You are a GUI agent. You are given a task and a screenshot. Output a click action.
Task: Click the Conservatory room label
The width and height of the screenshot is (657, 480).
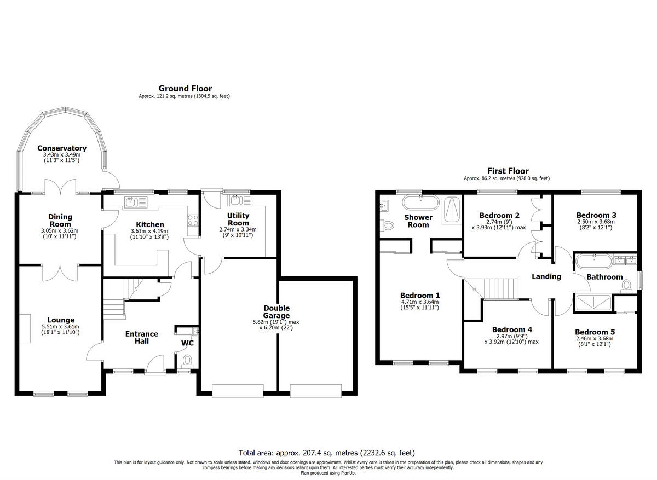coord(62,148)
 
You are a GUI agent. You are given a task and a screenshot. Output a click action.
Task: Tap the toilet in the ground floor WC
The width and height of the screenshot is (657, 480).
coord(187,360)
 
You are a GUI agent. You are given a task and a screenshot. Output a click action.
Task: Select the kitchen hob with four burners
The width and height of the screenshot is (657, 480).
coord(193,221)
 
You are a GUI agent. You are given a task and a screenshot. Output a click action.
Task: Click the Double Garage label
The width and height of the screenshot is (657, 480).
coord(276,308)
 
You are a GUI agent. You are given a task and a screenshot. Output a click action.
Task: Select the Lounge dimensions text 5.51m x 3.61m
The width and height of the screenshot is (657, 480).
coord(61,327)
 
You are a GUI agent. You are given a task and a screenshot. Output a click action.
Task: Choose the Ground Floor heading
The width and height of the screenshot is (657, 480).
coord(185,88)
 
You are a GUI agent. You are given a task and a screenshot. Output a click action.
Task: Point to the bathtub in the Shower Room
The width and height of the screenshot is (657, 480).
coord(420,203)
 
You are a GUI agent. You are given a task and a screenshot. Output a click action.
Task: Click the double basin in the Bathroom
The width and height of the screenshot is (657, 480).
coord(624,259)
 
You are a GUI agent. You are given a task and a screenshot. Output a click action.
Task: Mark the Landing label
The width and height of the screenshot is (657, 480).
coord(546,276)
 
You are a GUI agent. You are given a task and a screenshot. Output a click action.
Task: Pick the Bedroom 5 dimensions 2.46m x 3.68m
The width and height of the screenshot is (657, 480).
coord(595,339)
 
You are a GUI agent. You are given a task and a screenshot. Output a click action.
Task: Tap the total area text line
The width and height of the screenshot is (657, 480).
coord(327,453)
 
